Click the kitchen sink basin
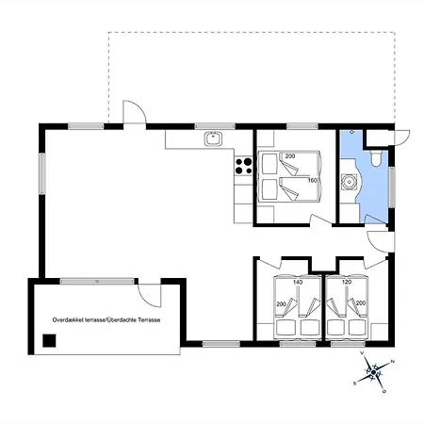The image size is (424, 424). (213, 139)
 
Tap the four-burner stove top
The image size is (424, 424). (243, 166)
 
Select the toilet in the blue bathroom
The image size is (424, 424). (376, 158)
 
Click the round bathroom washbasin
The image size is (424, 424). (349, 182)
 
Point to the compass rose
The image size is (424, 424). (373, 372)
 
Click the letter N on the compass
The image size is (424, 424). (392, 362)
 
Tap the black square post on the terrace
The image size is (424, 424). (49, 341)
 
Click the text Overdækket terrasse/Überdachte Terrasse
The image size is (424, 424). (106, 320)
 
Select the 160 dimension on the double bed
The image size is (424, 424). (312, 181)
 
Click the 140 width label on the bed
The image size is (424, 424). (298, 282)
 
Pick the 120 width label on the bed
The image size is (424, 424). (347, 282)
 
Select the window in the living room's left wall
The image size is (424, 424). (42, 173)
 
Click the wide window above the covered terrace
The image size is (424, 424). (97, 281)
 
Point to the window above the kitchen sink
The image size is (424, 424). (215, 126)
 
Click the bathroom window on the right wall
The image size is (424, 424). (392, 188)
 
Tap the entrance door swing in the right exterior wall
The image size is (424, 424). (381, 242)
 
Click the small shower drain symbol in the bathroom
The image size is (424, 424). (351, 132)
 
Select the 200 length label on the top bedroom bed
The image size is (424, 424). (290, 156)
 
